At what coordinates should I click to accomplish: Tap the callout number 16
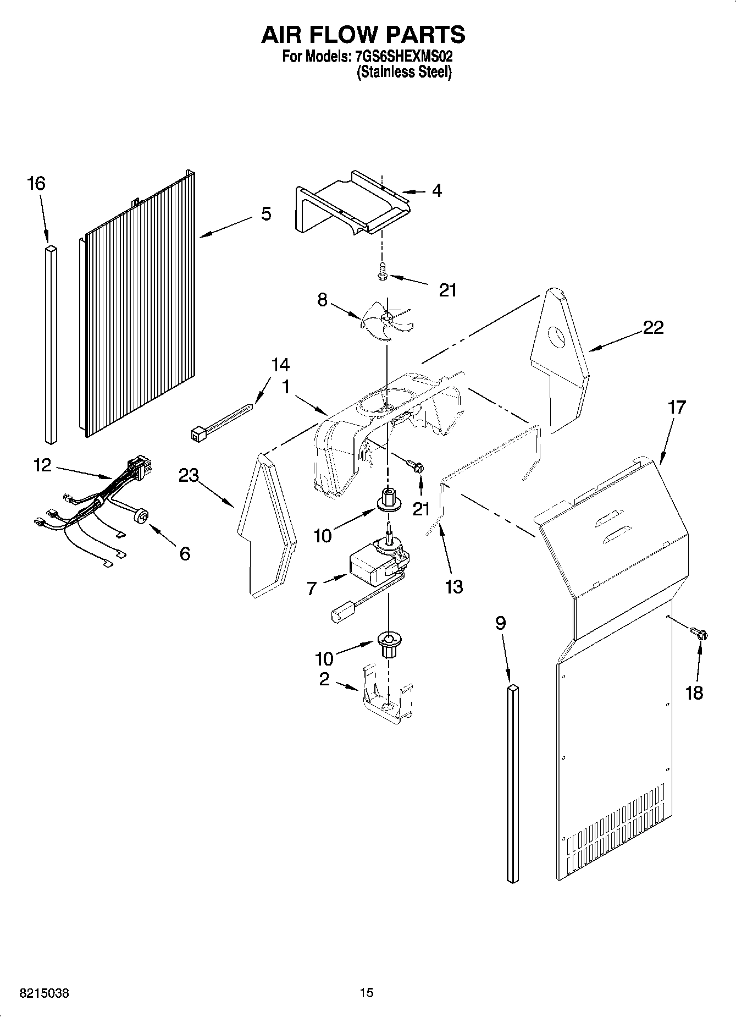[36, 184]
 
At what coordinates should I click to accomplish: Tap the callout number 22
[653, 328]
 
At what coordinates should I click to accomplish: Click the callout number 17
[677, 408]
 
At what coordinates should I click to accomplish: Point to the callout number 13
[454, 587]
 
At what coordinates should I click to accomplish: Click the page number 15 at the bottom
[367, 992]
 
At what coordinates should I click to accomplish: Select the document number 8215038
[44, 993]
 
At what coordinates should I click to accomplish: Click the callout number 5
[266, 213]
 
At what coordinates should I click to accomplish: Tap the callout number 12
[42, 465]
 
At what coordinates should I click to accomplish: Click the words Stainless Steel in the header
[405, 72]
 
